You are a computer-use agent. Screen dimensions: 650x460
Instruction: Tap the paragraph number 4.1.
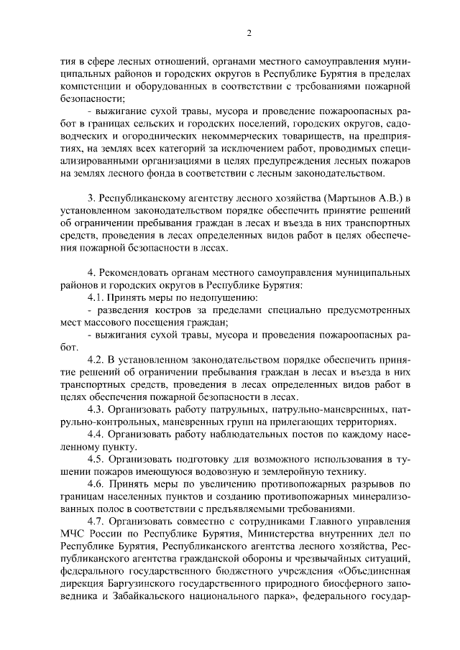(x=97, y=297)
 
